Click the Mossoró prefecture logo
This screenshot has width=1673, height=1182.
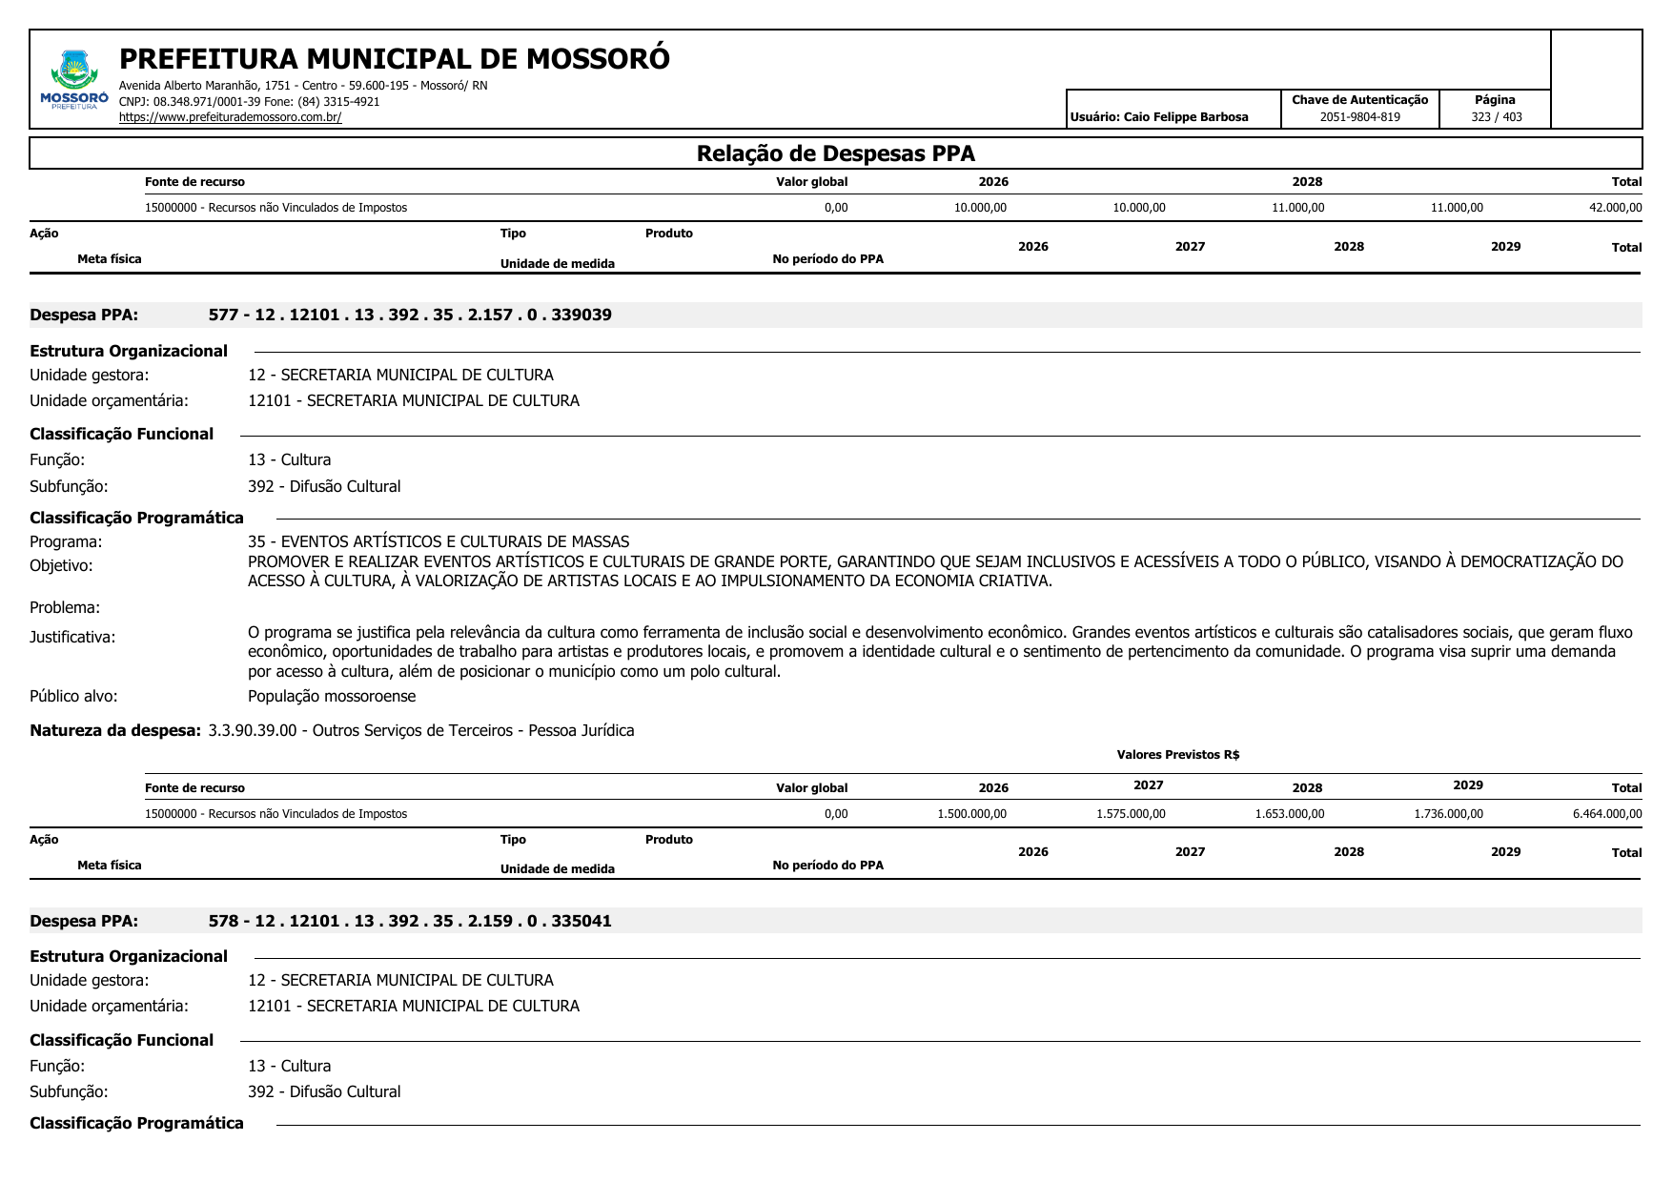[73, 79]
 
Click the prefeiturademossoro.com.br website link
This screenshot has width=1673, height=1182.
[230, 117]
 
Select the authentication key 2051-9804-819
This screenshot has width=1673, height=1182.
[1359, 117]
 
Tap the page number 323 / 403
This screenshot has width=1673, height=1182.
[1496, 117]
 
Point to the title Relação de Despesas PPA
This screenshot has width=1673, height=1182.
[835, 153]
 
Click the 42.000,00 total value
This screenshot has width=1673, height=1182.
[1615, 208]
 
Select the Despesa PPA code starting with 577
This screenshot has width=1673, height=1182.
[410, 315]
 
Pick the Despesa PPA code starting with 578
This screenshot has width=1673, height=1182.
[410, 921]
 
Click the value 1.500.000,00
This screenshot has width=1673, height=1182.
[971, 814]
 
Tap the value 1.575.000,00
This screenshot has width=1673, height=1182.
[1131, 814]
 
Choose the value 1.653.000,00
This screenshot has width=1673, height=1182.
[1289, 814]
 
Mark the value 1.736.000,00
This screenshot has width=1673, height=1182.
[1448, 814]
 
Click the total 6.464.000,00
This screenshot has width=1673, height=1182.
[1607, 814]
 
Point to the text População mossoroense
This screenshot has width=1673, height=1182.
[332, 696]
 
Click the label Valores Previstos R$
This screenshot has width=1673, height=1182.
[1177, 755]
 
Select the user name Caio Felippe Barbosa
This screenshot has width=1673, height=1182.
[1186, 117]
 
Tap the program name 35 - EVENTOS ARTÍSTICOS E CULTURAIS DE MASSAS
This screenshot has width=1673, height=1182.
[439, 541]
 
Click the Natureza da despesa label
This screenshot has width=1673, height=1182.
[115, 730]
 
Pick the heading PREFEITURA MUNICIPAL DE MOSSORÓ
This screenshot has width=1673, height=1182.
[394, 59]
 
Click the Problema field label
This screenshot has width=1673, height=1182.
[65, 607]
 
